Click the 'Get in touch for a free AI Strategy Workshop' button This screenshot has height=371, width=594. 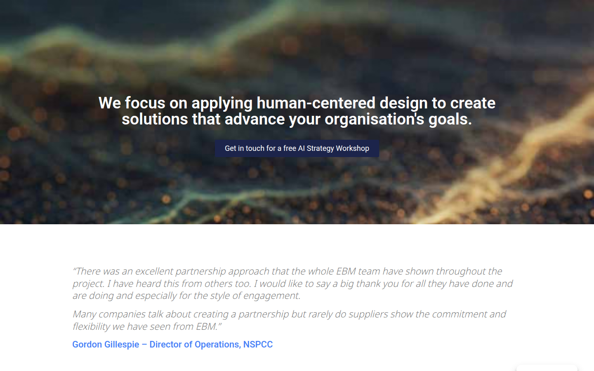coord(297,148)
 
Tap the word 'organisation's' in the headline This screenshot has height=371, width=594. coord(375,119)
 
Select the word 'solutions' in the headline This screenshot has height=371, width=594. coord(155,119)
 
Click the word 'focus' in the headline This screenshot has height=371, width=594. coord(145,103)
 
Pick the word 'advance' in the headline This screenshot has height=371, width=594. coord(255,119)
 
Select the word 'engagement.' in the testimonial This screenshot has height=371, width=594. coord(272,296)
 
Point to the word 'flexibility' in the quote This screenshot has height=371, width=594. coord(91,326)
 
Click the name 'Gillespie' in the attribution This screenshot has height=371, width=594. coord(121,345)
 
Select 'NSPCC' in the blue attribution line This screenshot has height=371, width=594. coord(258,344)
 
